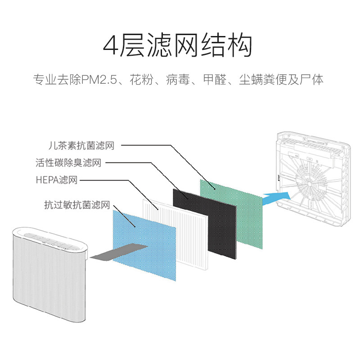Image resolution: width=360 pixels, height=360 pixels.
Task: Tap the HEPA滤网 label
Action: [x=56, y=180]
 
